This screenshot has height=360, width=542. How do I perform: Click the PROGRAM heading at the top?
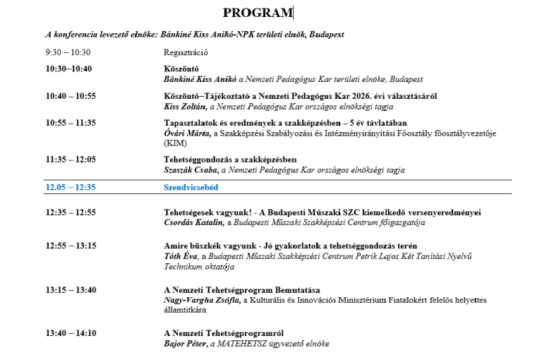(x=257, y=13)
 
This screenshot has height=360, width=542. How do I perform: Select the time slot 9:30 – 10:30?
(x=68, y=52)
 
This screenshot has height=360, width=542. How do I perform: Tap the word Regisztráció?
(x=185, y=52)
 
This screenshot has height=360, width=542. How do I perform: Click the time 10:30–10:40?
(x=68, y=69)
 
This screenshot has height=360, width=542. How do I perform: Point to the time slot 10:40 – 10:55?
(x=71, y=96)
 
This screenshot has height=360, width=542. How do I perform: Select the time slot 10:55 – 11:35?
(x=71, y=123)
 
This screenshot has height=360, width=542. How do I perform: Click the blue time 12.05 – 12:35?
(x=71, y=188)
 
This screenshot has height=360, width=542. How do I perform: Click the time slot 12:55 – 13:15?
(x=71, y=246)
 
